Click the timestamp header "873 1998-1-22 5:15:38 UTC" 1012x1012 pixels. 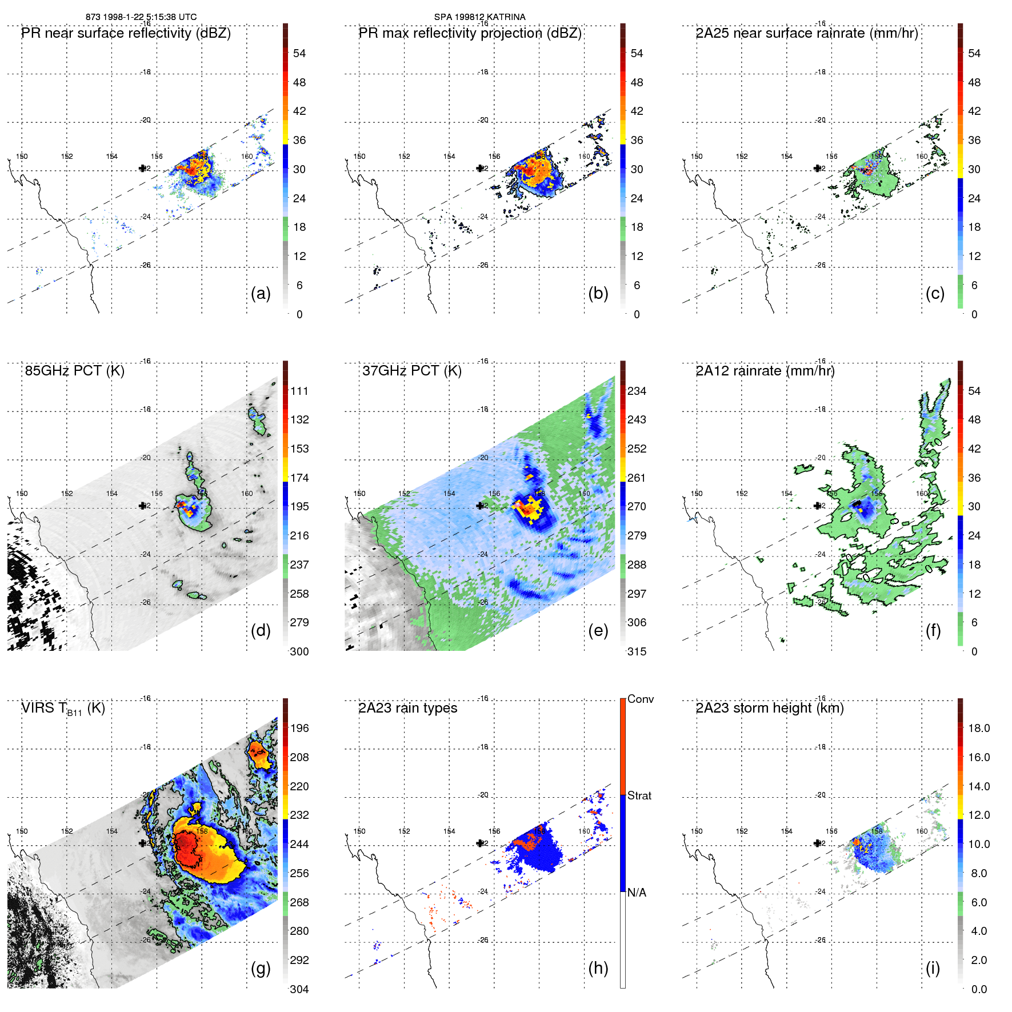[x=141, y=17]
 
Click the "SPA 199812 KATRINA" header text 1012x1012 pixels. [x=479, y=17]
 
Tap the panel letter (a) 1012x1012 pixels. [x=261, y=293]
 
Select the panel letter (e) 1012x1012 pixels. [x=598, y=630]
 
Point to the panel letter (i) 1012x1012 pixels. [x=933, y=968]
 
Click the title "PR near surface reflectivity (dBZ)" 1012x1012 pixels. [x=126, y=33]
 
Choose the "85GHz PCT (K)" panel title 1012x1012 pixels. [x=74, y=371]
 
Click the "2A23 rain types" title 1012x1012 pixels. [x=407, y=708]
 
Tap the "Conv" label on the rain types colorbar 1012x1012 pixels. [x=640, y=699]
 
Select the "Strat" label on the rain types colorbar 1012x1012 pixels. [x=639, y=795]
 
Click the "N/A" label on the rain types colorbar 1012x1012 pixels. [x=637, y=893]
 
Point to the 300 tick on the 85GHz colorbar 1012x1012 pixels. [x=299, y=651]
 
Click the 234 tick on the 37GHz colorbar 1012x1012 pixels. [x=637, y=391]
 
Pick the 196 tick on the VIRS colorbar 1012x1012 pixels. [x=299, y=728]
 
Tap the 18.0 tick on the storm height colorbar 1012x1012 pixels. [x=978, y=728]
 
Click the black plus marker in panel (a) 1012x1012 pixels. [x=142, y=168]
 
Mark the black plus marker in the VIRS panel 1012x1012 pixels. [x=142, y=843]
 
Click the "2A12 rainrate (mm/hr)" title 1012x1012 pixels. [x=765, y=371]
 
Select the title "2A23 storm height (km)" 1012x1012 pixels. [x=769, y=708]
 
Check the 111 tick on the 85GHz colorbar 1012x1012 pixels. [x=299, y=391]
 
